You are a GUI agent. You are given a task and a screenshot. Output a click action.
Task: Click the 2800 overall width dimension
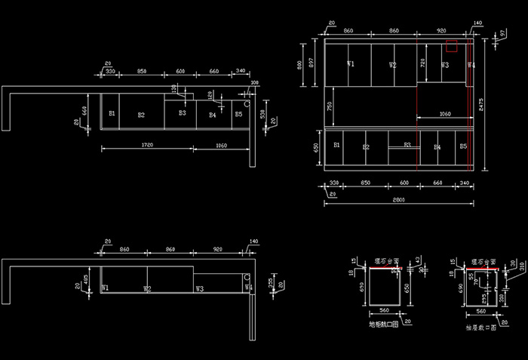tap(399, 201)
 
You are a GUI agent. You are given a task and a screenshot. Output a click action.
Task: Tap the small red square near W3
tap(451, 45)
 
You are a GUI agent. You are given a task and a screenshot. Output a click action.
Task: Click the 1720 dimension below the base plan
tap(148, 145)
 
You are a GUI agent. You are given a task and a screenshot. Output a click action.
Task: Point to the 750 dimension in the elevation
tap(328, 106)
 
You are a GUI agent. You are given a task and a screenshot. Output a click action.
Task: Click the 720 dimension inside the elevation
tap(422, 64)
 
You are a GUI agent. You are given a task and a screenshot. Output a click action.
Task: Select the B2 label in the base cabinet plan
tap(141, 115)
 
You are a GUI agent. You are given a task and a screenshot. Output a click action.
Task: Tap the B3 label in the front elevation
tap(407, 145)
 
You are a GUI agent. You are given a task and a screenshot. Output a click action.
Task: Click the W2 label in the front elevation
tap(393, 66)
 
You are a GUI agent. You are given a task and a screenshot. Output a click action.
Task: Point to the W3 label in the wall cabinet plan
tap(199, 288)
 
